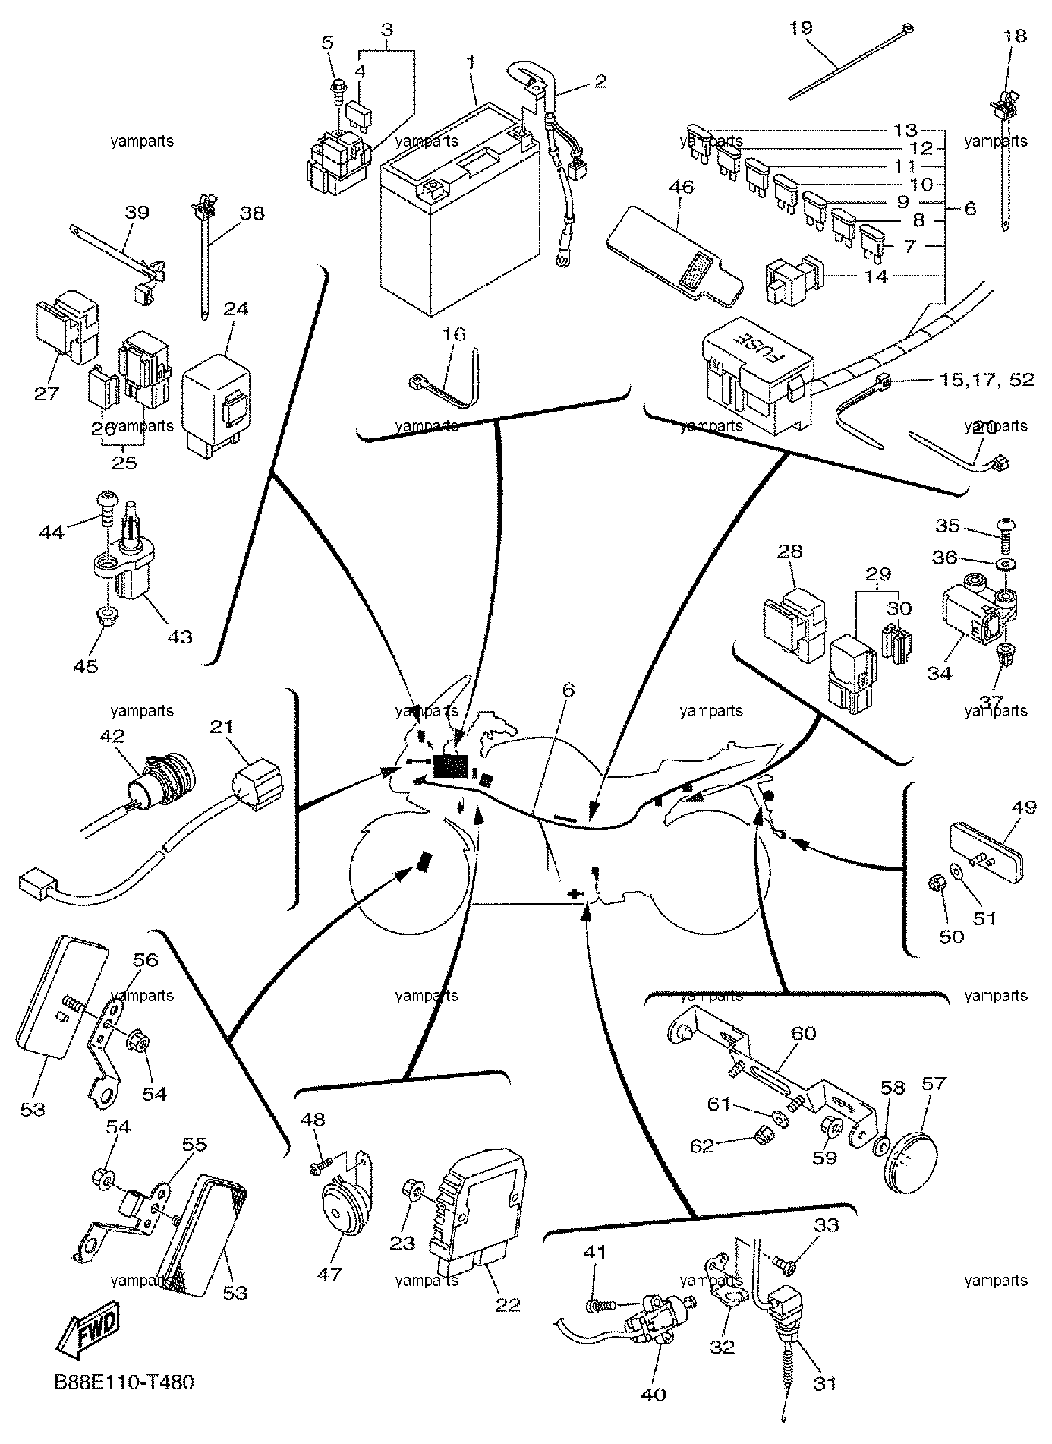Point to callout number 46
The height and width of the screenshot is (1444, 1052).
(682, 187)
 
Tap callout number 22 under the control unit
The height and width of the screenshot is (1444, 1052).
(509, 1304)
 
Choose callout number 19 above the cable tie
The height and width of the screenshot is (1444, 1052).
(801, 28)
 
